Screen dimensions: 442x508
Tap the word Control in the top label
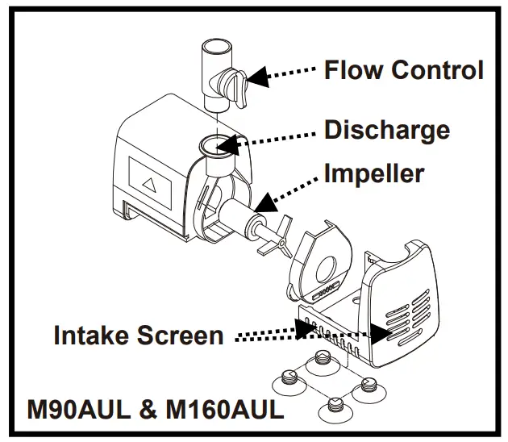click(x=438, y=69)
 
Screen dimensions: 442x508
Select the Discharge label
click(x=386, y=129)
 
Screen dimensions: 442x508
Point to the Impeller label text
click(x=373, y=173)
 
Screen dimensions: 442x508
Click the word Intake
click(x=94, y=335)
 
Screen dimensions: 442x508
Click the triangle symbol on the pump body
click(x=148, y=185)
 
